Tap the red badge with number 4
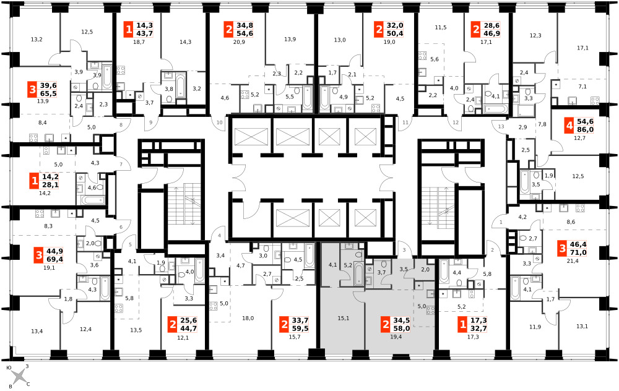pyautogui.click(x=569, y=126)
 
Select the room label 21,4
pyautogui.click(x=572, y=261)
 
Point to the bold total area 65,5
pyautogui.click(x=48, y=93)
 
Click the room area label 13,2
pyautogui.click(x=37, y=39)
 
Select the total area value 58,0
pyautogui.click(x=402, y=328)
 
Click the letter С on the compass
pyautogui.click(x=28, y=384)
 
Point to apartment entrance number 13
pyautogui.click(x=501, y=127)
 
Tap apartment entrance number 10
pyautogui.click(x=220, y=122)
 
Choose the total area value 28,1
pyautogui.click(x=50, y=184)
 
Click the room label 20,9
pyautogui.click(x=239, y=42)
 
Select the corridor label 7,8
pyautogui.click(x=542, y=124)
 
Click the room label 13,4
pyautogui.click(x=37, y=332)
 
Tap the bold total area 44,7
pyautogui.click(x=188, y=329)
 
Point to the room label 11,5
pyautogui.click(x=441, y=28)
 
